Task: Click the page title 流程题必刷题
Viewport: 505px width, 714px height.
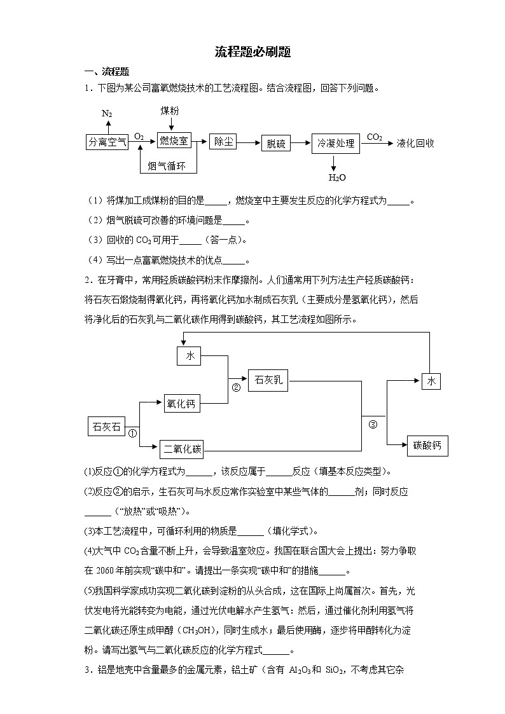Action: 253,52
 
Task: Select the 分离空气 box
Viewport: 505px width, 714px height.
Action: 106,142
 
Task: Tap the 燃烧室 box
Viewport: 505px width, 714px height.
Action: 174,141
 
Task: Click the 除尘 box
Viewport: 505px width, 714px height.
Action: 224,141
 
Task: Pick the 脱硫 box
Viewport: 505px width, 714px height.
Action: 276,144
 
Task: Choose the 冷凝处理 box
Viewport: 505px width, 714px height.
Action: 336,144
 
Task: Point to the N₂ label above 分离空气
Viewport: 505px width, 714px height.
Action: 107,113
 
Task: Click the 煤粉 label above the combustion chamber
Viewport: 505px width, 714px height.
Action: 170,111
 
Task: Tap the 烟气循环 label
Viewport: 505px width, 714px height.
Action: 167,167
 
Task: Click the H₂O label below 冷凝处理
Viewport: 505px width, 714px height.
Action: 336,177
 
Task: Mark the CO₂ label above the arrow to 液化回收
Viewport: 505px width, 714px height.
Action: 375,137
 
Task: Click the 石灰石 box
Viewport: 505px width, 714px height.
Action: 106,427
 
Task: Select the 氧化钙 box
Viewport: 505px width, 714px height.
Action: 181,403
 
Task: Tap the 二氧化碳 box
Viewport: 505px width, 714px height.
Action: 182,449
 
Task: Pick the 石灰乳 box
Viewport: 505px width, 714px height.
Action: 268,380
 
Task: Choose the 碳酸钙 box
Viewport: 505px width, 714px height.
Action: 427,446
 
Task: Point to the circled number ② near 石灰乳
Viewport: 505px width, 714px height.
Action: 236,387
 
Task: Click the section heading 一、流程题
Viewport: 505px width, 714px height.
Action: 107,71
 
